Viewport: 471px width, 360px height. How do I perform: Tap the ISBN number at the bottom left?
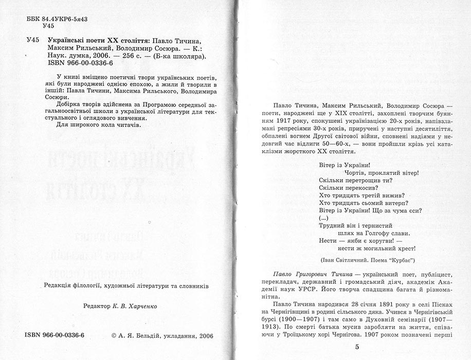click(x=55, y=335)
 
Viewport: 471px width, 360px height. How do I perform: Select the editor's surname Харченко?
click(x=142, y=306)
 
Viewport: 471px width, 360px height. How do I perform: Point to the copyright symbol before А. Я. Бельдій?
click(x=114, y=335)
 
